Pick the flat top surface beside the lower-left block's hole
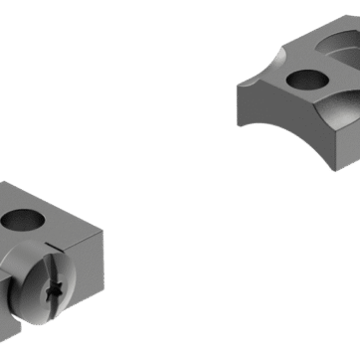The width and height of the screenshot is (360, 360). click(x=60, y=219)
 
